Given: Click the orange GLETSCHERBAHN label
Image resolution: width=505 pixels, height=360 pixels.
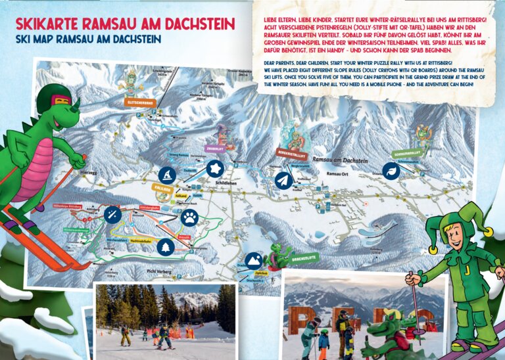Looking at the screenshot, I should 139,102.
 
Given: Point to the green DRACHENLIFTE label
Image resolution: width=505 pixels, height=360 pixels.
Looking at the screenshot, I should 302,256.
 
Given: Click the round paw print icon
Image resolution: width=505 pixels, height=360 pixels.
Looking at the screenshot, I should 189,217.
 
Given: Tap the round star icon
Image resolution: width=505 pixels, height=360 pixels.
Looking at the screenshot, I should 214,169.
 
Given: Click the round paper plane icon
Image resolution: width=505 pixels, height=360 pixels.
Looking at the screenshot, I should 283,180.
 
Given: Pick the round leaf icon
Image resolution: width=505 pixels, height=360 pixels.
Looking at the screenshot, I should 391,171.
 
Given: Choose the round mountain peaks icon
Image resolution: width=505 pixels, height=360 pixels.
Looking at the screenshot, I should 254,261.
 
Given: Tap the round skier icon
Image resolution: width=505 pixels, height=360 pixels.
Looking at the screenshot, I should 167,175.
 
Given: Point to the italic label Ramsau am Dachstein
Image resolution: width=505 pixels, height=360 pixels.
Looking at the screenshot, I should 341,161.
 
